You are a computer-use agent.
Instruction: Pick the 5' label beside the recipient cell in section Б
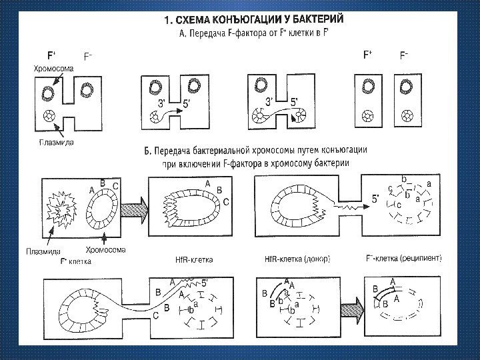click(x=376, y=198)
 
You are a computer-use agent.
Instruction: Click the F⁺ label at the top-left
click(x=49, y=55)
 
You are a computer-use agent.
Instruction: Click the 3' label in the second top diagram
click(x=162, y=103)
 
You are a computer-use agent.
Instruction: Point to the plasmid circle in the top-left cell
click(x=49, y=116)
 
